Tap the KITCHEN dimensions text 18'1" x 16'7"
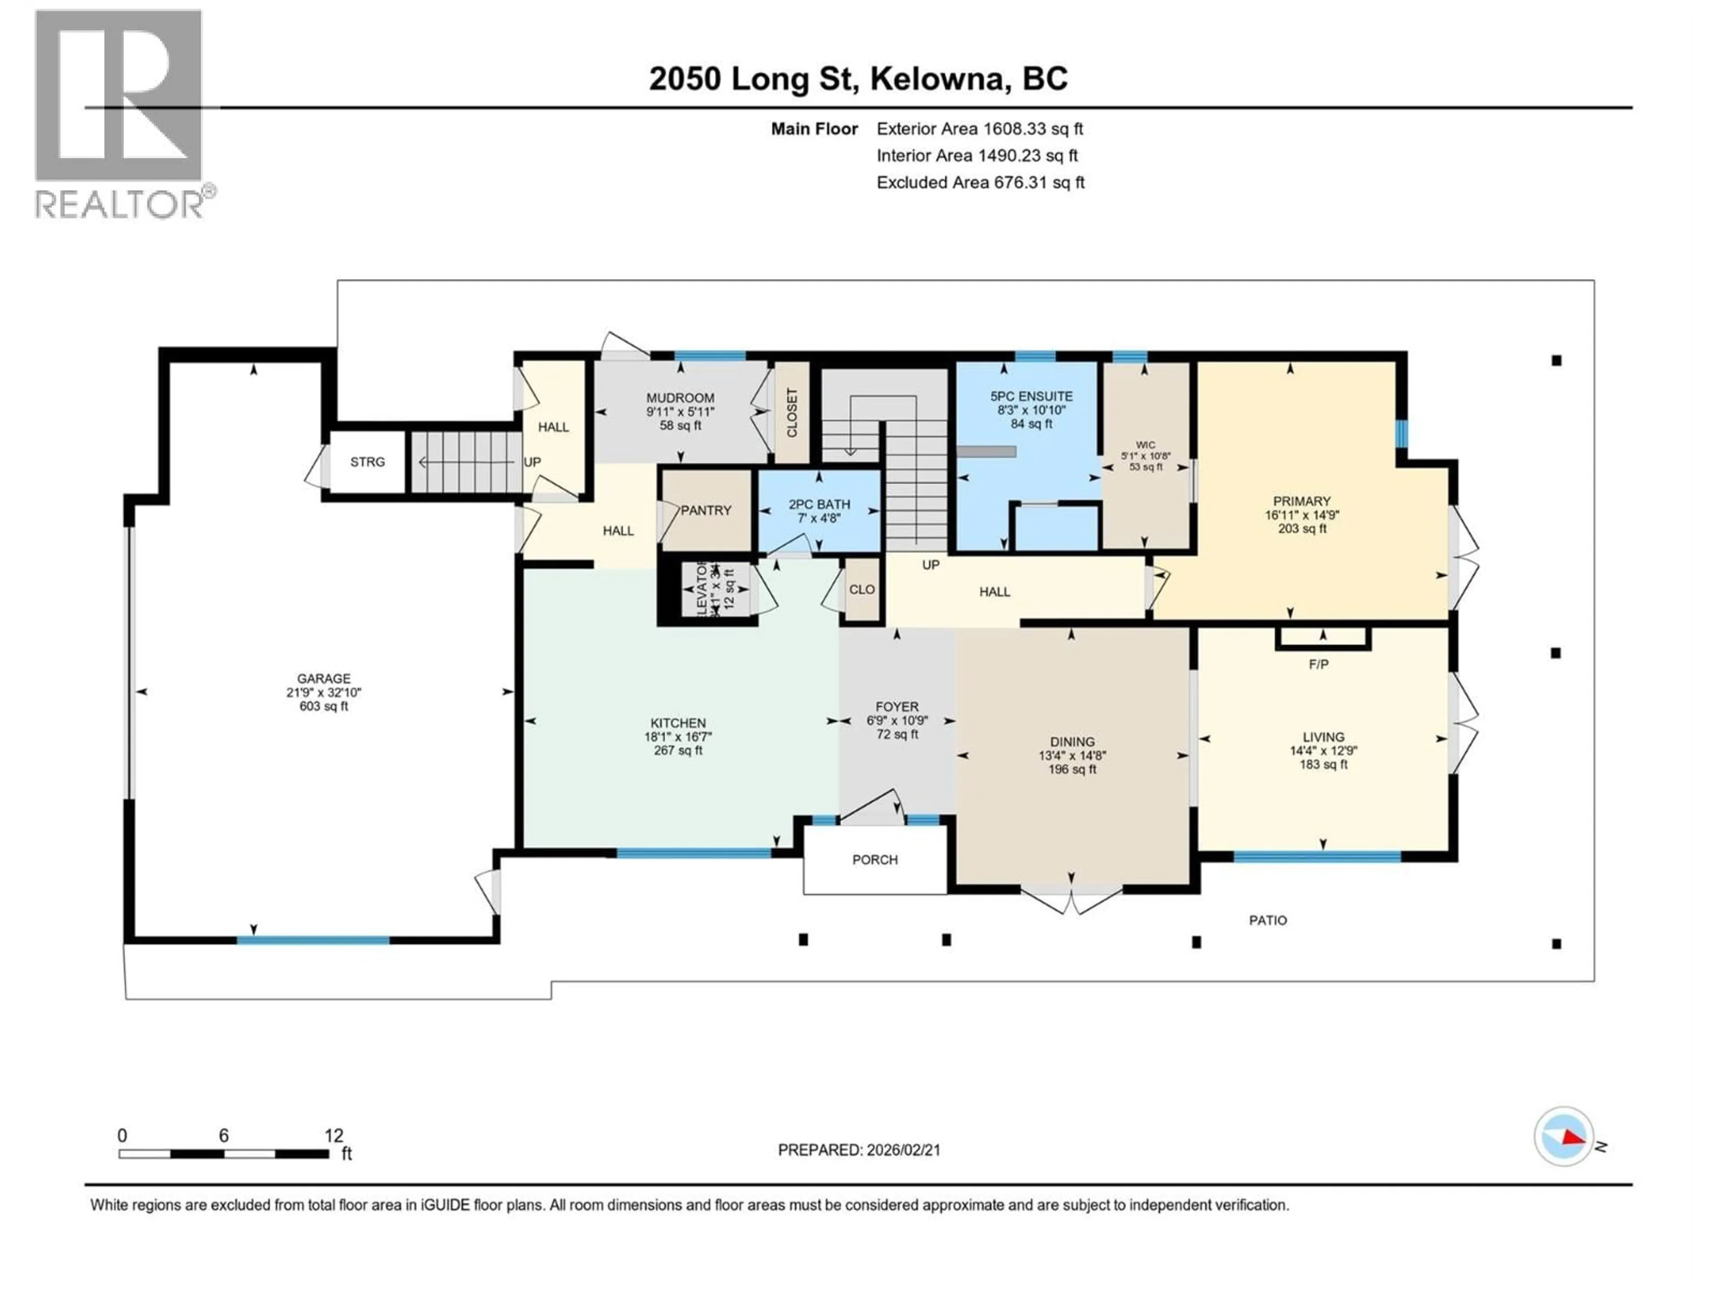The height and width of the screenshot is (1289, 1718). (678, 737)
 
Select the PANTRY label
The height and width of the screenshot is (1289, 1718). (706, 511)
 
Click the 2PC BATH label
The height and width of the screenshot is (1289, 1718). (819, 504)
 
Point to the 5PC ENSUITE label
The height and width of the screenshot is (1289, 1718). (1031, 396)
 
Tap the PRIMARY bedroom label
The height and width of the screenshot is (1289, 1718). (1302, 501)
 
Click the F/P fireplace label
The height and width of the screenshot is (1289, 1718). (1318, 664)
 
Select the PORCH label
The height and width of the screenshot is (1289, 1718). (875, 859)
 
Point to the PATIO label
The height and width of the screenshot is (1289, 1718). (1267, 920)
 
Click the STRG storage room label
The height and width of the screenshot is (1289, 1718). (367, 461)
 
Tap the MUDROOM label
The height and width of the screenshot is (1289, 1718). (680, 398)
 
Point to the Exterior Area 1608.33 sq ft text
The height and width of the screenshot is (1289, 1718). (979, 129)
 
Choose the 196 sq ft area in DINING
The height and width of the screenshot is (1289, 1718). (1072, 769)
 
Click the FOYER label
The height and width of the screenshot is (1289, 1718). (897, 706)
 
